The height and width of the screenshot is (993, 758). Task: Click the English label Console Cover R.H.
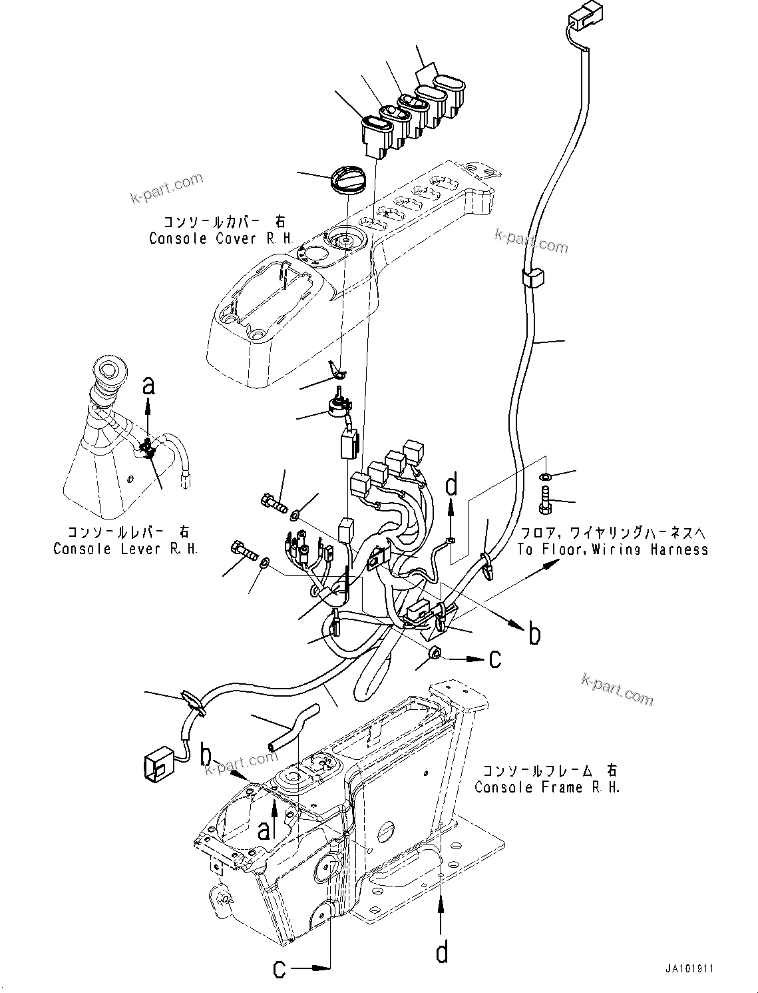pyautogui.click(x=220, y=238)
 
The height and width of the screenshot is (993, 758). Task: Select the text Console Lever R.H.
pyautogui.click(x=125, y=549)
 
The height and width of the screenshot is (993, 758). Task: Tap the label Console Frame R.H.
pyautogui.click(x=547, y=787)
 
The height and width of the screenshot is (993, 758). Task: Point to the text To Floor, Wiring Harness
pyautogui.click(x=612, y=549)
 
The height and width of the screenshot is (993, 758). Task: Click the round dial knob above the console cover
pyautogui.click(x=347, y=180)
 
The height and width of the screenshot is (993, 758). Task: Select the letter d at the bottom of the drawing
pyautogui.click(x=442, y=953)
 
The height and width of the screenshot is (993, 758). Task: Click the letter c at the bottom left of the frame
pyautogui.click(x=280, y=968)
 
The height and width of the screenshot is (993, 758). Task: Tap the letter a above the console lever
pyautogui.click(x=149, y=385)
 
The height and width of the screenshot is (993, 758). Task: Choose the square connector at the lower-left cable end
pyautogui.click(x=158, y=767)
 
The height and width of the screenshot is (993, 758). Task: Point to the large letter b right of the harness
pyautogui.click(x=534, y=634)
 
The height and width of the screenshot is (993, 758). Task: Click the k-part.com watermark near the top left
pyautogui.click(x=166, y=189)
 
